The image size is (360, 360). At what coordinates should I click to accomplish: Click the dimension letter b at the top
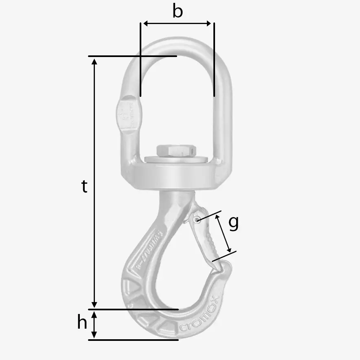click(178, 11)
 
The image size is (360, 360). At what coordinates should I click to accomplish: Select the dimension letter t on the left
click(84, 187)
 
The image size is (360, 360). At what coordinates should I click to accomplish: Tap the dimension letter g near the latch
click(233, 223)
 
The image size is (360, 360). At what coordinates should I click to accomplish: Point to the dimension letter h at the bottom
click(82, 323)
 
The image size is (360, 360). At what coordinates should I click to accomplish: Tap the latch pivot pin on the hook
click(197, 220)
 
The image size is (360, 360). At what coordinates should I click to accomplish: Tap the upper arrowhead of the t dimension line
click(94, 61)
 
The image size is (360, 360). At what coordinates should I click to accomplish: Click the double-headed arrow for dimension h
click(94, 325)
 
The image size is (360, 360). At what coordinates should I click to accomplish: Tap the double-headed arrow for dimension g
click(224, 234)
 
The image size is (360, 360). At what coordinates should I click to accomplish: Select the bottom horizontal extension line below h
click(134, 340)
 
